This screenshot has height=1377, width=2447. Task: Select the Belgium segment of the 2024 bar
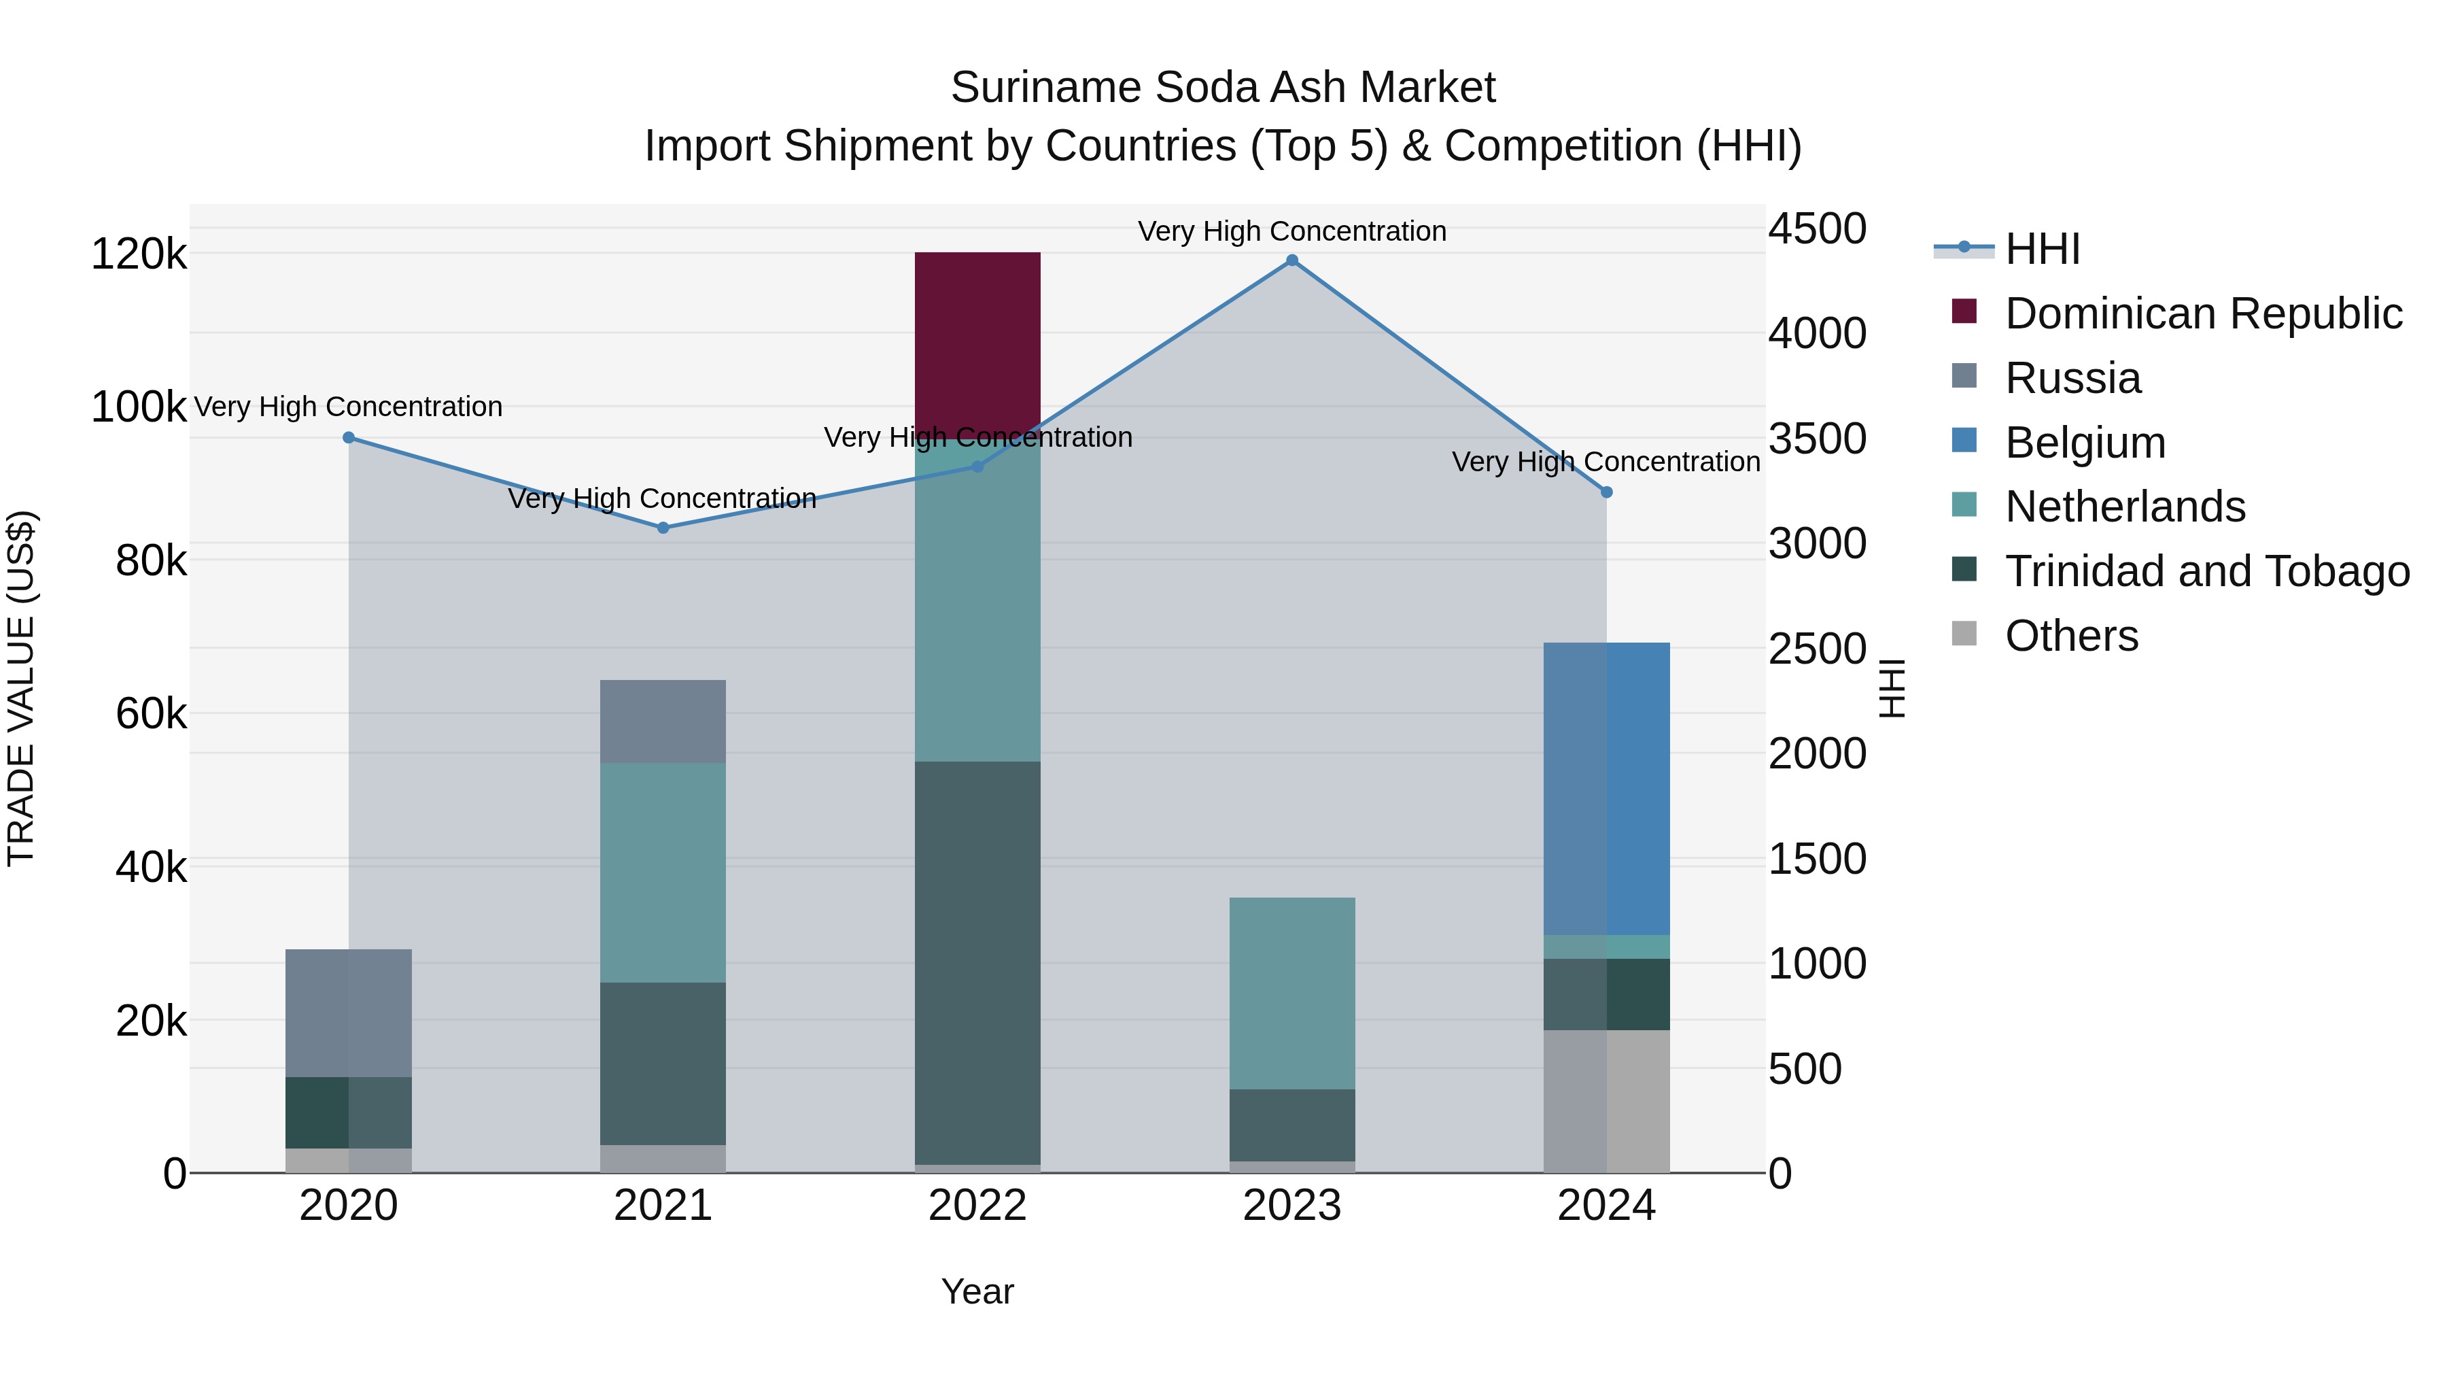click(1606, 789)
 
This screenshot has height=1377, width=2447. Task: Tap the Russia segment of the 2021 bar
click(663, 721)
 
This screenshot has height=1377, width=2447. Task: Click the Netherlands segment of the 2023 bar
click(1292, 993)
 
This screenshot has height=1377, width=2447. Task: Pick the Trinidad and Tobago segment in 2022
click(977, 962)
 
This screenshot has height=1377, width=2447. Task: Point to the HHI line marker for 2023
click(1292, 260)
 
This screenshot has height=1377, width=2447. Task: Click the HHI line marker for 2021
click(663, 528)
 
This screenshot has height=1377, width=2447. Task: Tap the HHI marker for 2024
click(1606, 492)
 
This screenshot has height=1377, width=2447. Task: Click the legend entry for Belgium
click(2085, 443)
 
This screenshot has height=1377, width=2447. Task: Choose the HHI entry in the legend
click(2043, 249)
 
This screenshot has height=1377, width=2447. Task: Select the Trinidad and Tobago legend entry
click(2206, 571)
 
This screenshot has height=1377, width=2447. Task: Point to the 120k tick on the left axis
click(139, 255)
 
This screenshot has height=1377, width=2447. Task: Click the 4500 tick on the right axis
click(1817, 229)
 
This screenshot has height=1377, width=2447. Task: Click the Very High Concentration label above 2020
click(349, 407)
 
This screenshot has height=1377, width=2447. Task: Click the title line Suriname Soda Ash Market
click(1223, 88)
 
